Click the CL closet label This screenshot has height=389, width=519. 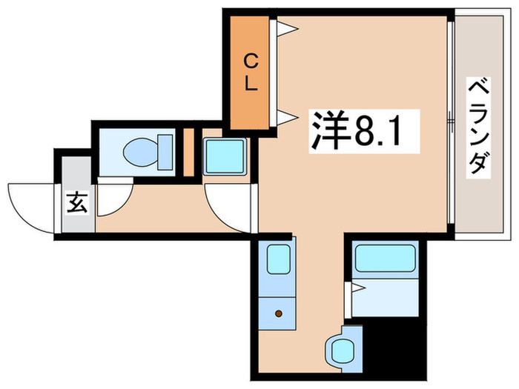tap(251, 71)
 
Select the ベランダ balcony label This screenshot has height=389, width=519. tap(479, 125)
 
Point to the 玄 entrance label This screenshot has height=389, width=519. tap(77, 201)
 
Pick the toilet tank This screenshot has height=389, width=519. tap(165, 152)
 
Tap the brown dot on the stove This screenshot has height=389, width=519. tap(279, 313)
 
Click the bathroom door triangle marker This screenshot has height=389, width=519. tap(357, 287)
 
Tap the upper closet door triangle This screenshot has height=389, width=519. tap(288, 30)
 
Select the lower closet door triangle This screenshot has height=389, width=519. tap(288, 116)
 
